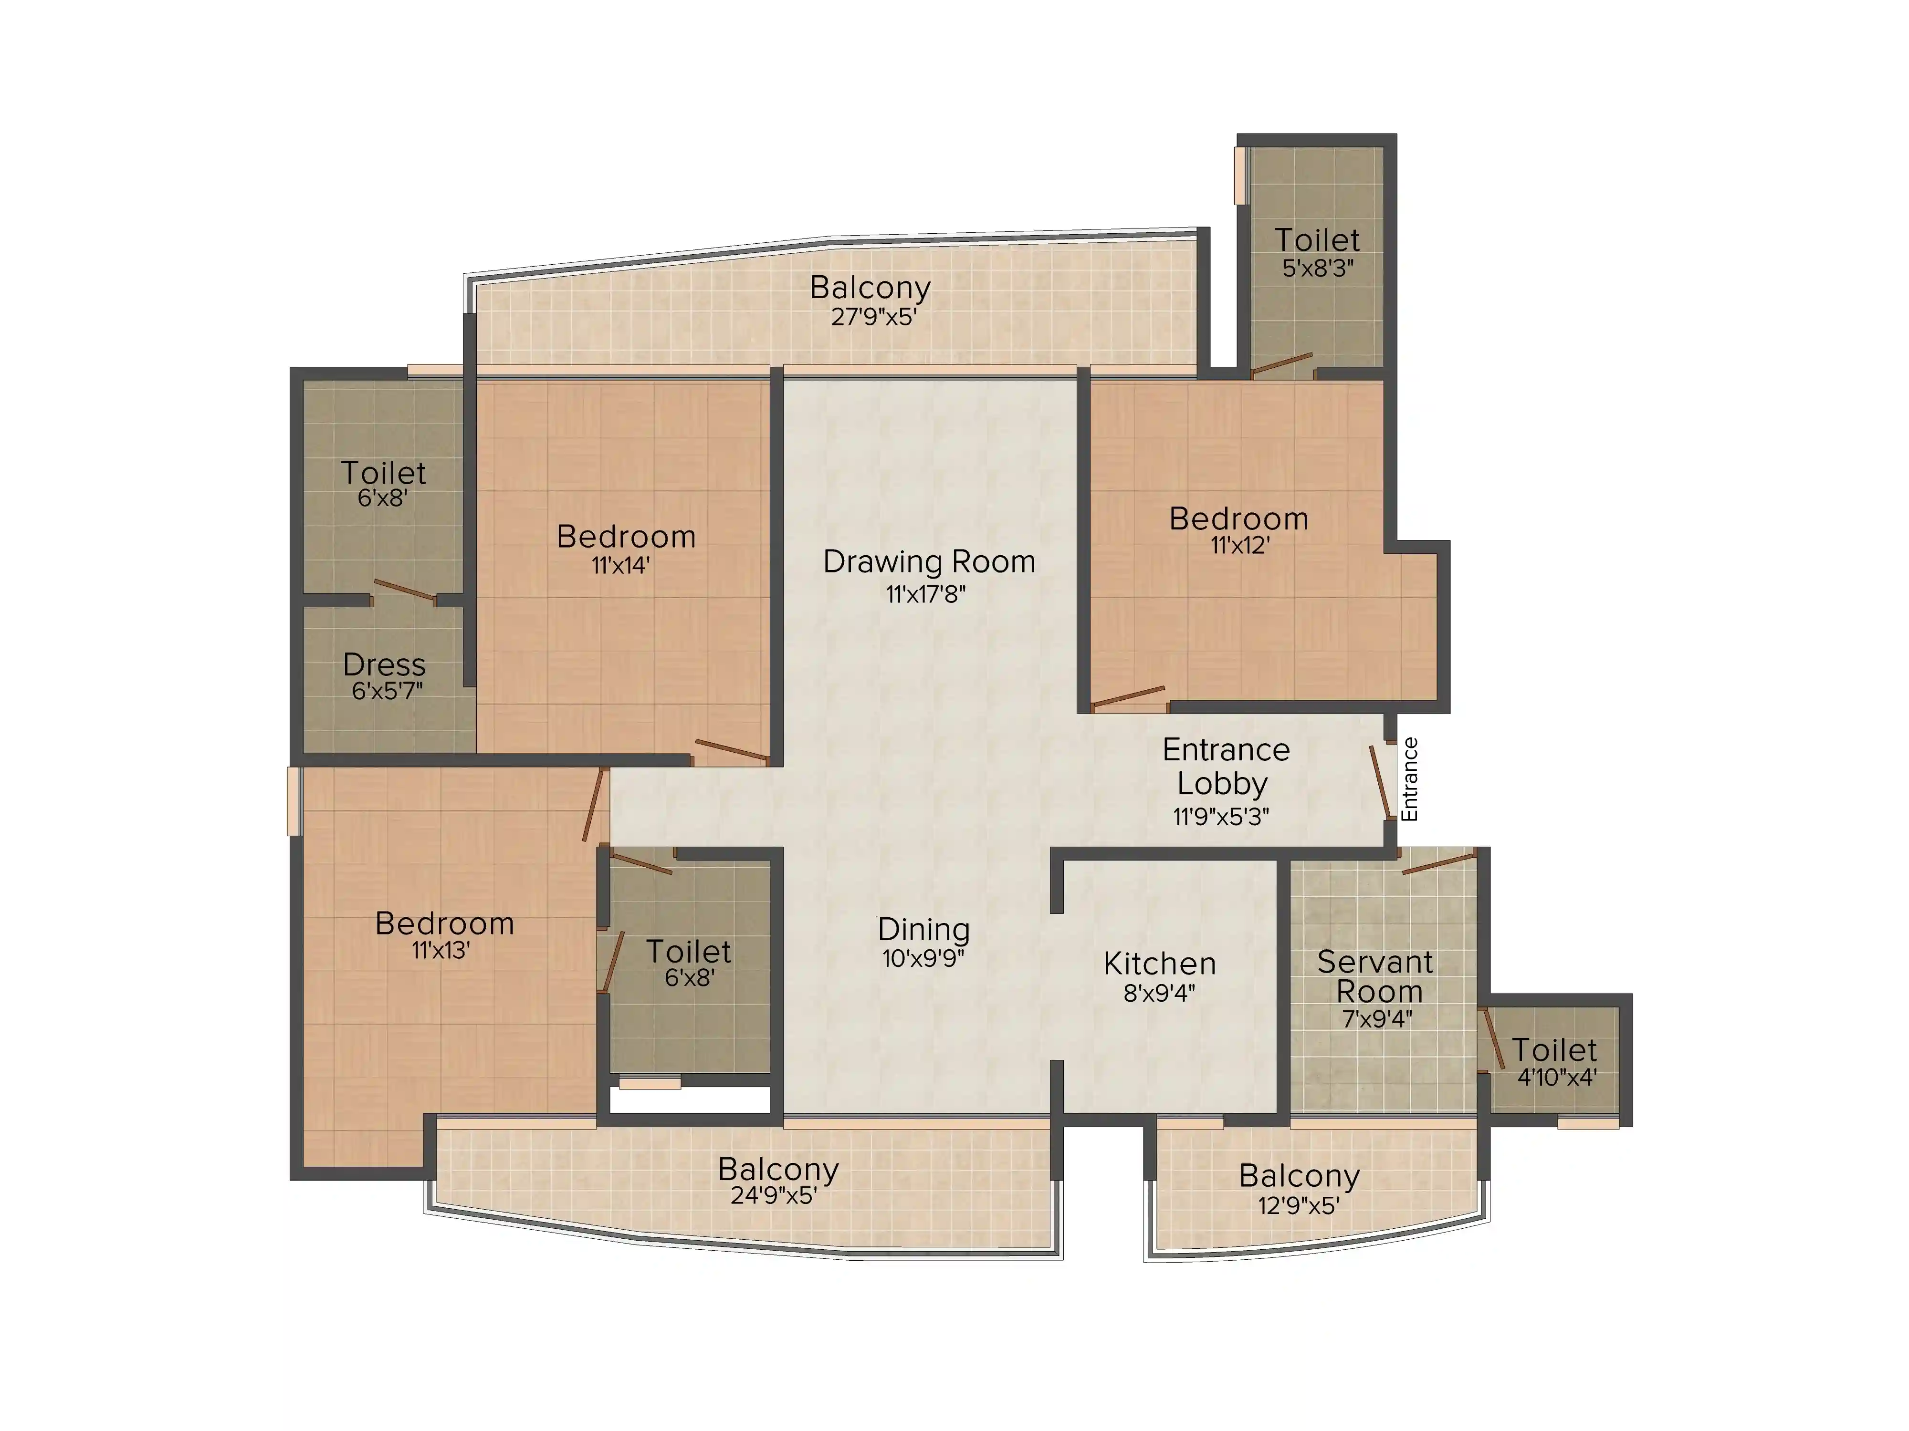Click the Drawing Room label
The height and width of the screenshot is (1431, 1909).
click(929, 561)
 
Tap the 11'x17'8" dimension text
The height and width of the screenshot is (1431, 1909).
click(925, 594)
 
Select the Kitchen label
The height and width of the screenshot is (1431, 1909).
click(1159, 964)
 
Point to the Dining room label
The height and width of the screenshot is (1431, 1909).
click(923, 930)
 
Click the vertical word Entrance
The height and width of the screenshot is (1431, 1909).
click(1409, 779)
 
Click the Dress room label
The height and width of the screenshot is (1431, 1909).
click(384, 665)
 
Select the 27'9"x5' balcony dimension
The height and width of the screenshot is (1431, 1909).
click(873, 317)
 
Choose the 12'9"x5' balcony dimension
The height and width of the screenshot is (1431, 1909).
click(1298, 1205)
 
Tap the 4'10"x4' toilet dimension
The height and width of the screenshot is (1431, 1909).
click(1557, 1078)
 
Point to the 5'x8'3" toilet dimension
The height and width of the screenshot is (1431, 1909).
click(1318, 268)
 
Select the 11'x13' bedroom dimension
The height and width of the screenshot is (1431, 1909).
click(441, 951)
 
